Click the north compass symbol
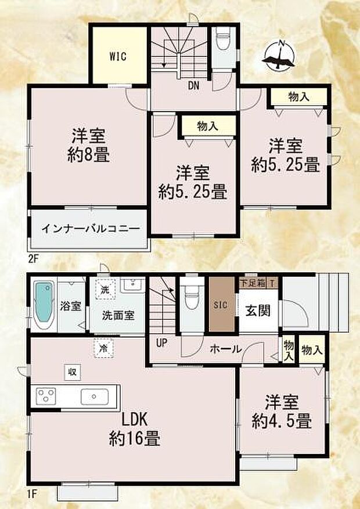click(280, 56)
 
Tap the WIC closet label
click(118, 57)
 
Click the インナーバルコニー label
click(90, 229)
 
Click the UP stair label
click(161, 342)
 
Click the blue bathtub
click(43, 306)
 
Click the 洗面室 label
click(118, 316)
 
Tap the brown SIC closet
click(221, 306)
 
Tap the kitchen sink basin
click(95, 397)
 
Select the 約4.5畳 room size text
click(282, 420)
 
